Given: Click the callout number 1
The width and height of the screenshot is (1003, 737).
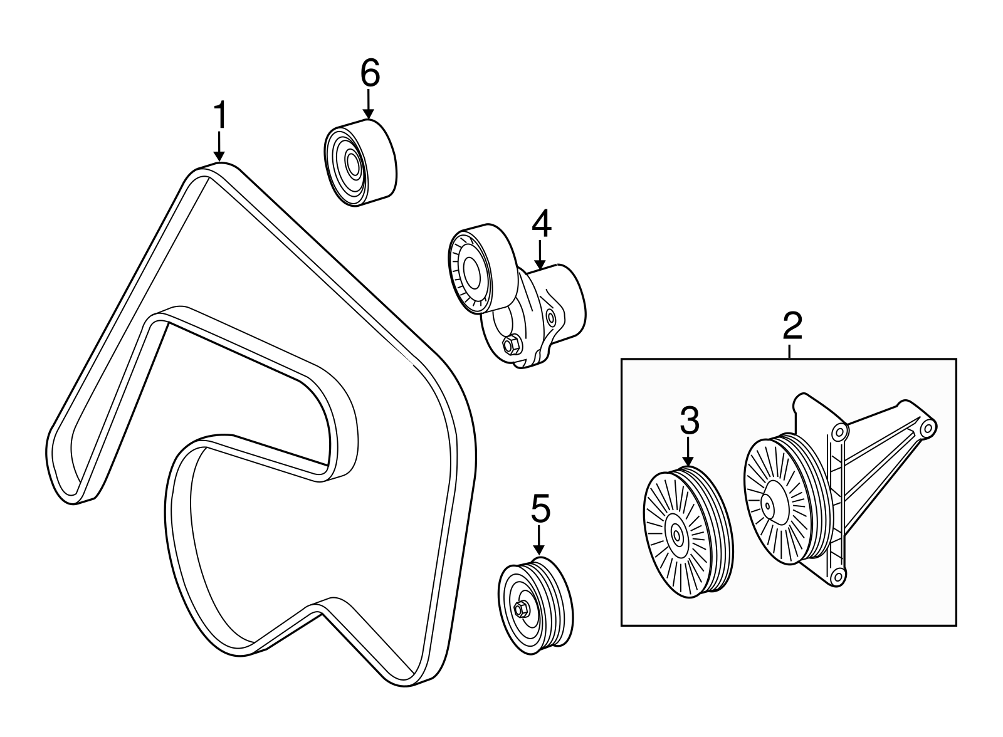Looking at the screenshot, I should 219,115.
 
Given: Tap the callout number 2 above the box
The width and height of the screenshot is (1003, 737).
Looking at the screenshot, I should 792,326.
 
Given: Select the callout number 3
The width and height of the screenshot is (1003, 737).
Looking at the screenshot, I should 689,421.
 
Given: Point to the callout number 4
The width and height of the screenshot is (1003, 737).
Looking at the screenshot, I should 541,225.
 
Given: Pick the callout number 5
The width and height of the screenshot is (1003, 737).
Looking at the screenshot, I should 540,509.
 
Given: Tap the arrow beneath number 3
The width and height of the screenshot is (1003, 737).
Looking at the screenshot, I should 688,451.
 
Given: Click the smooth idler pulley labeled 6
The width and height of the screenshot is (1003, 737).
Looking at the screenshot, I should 359,164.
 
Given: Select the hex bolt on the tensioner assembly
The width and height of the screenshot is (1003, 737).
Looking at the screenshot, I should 510,344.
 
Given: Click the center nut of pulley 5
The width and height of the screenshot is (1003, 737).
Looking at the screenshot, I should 521,608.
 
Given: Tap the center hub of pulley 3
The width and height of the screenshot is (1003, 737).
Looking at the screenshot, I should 677,535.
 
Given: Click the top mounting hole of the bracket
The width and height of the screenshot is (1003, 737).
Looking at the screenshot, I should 839,431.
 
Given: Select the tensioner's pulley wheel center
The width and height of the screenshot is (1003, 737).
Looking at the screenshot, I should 471,273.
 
